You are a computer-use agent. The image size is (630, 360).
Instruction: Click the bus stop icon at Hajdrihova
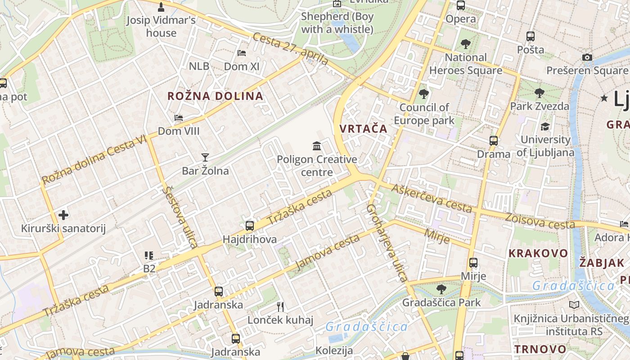coord(250,226)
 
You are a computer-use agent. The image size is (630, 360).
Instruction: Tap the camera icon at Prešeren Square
coord(587,57)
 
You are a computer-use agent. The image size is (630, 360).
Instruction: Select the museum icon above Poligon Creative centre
coord(317,146)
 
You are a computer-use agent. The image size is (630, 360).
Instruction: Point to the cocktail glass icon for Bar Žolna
coord(205,157)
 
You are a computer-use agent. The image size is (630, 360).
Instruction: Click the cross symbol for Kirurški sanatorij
coord(63,215)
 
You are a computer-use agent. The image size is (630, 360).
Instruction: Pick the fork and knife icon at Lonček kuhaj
coord(280,307)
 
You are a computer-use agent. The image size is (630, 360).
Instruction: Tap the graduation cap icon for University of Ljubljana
coord(545,126)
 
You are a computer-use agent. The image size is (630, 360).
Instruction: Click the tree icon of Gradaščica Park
coord(441,289)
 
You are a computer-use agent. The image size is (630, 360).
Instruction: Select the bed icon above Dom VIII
coord(179,118)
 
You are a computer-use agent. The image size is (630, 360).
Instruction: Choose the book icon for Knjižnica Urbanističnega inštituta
coord(574,305)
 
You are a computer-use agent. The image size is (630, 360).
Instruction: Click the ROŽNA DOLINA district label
coord(215,96)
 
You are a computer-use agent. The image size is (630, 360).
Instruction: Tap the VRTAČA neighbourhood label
coord(363,129)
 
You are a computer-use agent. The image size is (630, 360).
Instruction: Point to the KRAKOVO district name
coord(538,253)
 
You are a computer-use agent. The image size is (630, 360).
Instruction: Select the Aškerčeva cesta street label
coord(432,198)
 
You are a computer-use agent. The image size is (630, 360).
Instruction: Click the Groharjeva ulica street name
coord(387,243)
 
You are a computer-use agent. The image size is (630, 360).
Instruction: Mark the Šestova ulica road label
coord(180,217)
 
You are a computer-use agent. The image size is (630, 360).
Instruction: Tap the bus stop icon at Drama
coord(494,140)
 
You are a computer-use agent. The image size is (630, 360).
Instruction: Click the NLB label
coord(199,66)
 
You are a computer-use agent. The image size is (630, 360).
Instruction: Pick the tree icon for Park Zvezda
coord(540,93)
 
